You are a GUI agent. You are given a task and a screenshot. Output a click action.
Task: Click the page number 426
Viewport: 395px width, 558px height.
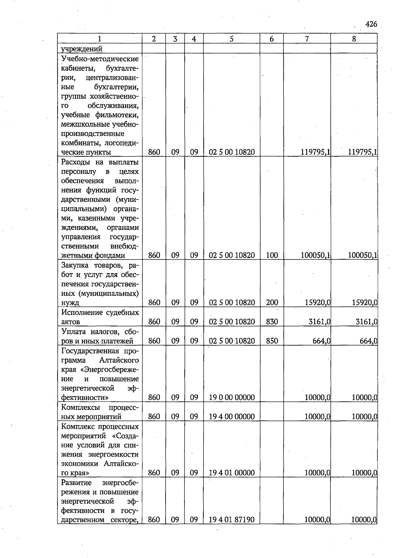[x=371, y=24]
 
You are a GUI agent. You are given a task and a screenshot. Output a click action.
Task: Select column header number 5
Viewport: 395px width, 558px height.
[x=231, y=39]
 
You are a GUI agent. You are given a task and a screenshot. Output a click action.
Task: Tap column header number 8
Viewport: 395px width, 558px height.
[x=354, y=39]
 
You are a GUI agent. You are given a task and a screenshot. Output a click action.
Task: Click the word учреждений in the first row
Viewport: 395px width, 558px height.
[x=82, y=49]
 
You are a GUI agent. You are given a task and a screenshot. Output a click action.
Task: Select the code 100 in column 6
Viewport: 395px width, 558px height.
[x=272, y=255]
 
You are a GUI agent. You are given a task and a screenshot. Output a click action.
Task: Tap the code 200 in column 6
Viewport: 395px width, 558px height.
[x=272, y=302]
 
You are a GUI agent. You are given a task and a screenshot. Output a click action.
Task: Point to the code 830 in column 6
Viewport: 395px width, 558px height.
[x=272, y=321]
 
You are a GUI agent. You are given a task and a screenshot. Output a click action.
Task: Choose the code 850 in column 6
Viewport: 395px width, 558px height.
[x=272, y=341]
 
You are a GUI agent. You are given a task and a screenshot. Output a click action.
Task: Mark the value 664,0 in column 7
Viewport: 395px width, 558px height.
[x=321, y=341]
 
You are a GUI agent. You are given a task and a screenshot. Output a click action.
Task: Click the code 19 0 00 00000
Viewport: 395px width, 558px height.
[x=232, y=397]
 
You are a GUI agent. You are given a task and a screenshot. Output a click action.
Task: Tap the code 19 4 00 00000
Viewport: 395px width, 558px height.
[x=232, y=417]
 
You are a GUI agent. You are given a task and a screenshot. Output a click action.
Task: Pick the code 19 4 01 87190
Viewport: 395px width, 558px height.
[x=232, y=520]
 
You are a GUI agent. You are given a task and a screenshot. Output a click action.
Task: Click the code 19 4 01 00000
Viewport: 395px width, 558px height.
[x=232, y=473]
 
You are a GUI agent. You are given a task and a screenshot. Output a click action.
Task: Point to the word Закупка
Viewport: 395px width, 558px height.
[x=75, y=265]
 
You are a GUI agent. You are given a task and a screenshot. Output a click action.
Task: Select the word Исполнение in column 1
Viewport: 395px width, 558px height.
[x=82, y=312]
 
